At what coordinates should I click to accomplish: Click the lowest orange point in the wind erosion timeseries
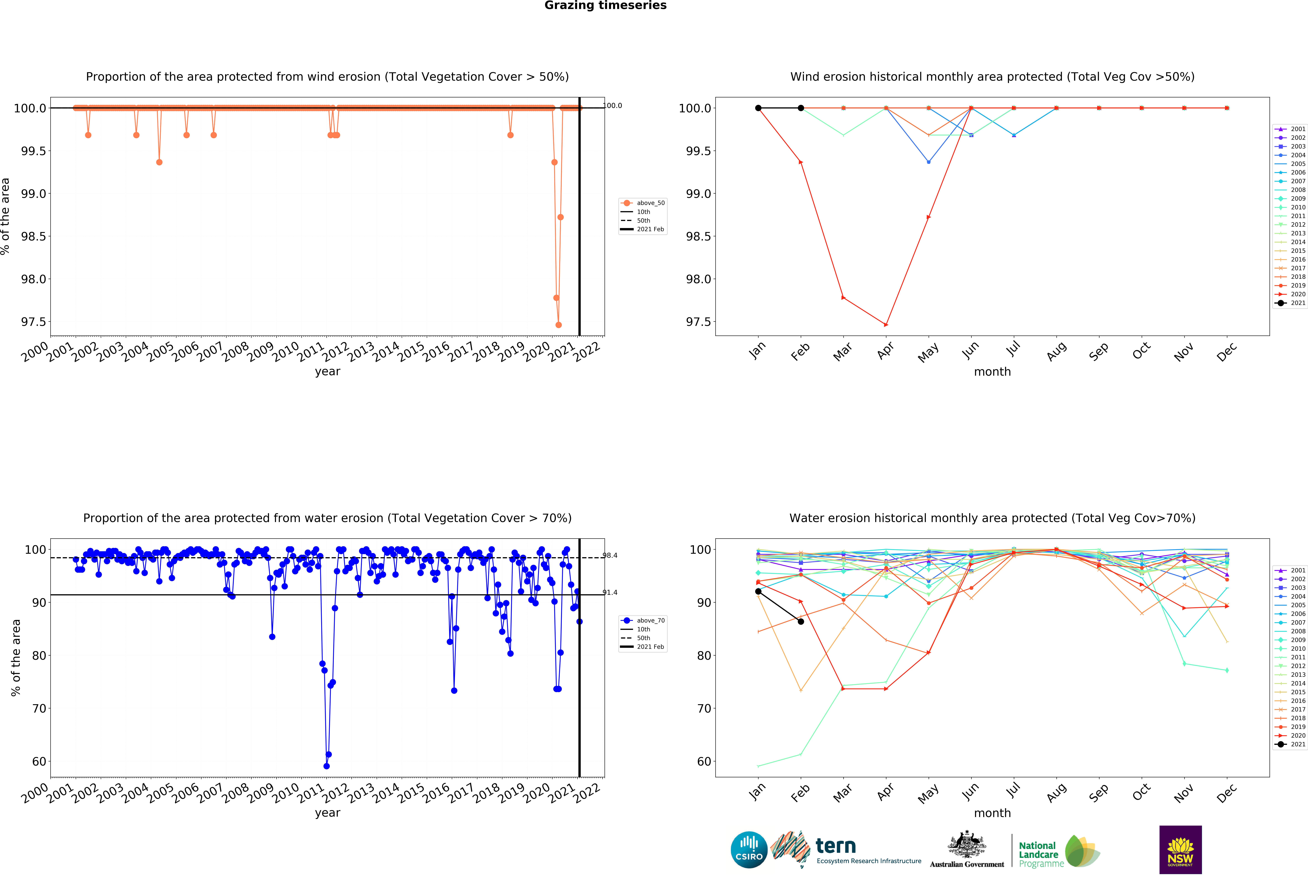(x=558, y=325)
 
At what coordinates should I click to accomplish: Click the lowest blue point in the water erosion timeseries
(x=326, y=766)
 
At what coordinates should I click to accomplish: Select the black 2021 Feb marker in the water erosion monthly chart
(x=801, y=621)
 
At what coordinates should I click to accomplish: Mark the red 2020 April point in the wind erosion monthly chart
(x=886, y=325)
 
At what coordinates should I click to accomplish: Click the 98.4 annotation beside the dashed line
(x=610, y=555)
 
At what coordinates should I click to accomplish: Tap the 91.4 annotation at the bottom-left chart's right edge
(x=610, y=592)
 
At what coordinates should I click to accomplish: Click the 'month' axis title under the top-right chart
(x=992, y=372)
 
